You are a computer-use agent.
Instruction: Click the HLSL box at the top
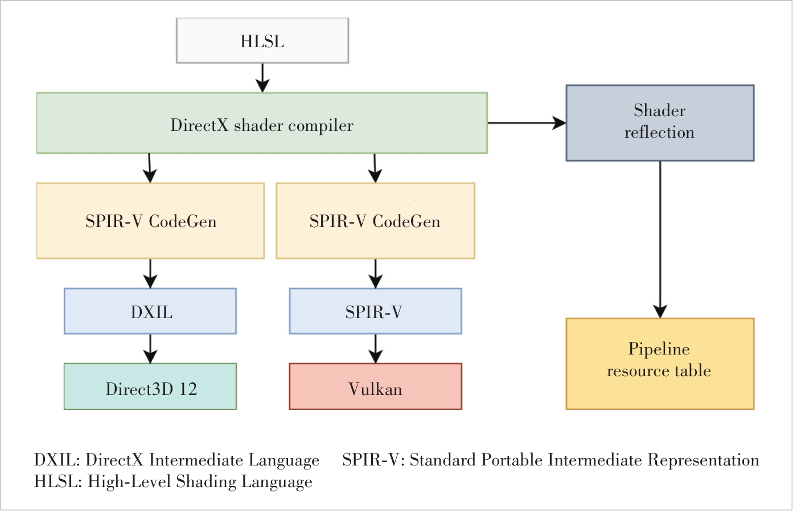pos(262,40)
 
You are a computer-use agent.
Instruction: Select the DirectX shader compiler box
pos(262,123)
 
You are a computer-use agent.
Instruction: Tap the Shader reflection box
pos(660,123)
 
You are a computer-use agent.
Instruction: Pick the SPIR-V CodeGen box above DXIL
pos(150,221)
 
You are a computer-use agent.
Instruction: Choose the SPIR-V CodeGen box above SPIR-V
pos(375,221)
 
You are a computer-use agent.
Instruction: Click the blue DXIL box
pos(150,311)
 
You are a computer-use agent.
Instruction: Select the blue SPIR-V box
pos(375,311)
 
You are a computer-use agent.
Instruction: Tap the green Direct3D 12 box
pos(150,386)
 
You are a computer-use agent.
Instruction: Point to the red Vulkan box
pos(375,386)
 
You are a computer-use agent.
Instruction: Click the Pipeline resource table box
pos(660,364)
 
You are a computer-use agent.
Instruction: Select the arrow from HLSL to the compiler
pos(262,77)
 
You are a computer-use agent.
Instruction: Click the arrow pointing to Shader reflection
pos(527,122)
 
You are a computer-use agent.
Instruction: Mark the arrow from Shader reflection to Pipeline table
pos(660,239)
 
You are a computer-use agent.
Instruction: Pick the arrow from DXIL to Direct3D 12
pos(150,348)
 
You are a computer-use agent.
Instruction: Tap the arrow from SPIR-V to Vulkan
pos(375,348)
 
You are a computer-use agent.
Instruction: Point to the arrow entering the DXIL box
pos(150,273)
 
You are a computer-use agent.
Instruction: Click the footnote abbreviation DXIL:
pos(57,460)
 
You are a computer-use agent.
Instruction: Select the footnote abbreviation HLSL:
pos(59,481)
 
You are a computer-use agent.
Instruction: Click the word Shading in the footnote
pos(206,481)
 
